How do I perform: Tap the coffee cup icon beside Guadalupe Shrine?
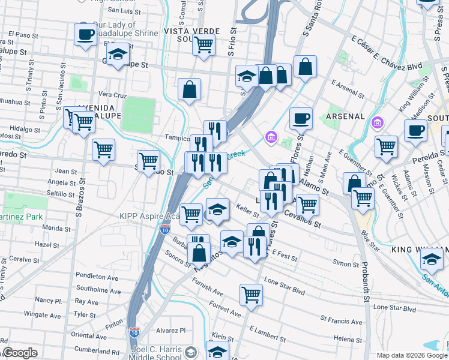(x=85, y=34)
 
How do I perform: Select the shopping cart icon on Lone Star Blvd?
(x=251, y=294)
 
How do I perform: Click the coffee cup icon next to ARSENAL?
(x=300, y=118)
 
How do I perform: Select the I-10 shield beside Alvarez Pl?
(x=134, y=331)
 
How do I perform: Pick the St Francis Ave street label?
(x=342, y=320)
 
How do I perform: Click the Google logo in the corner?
(x=20, y=353)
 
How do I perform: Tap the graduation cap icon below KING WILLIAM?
(x=431, y=260)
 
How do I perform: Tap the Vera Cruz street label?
(x=112, y=95)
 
